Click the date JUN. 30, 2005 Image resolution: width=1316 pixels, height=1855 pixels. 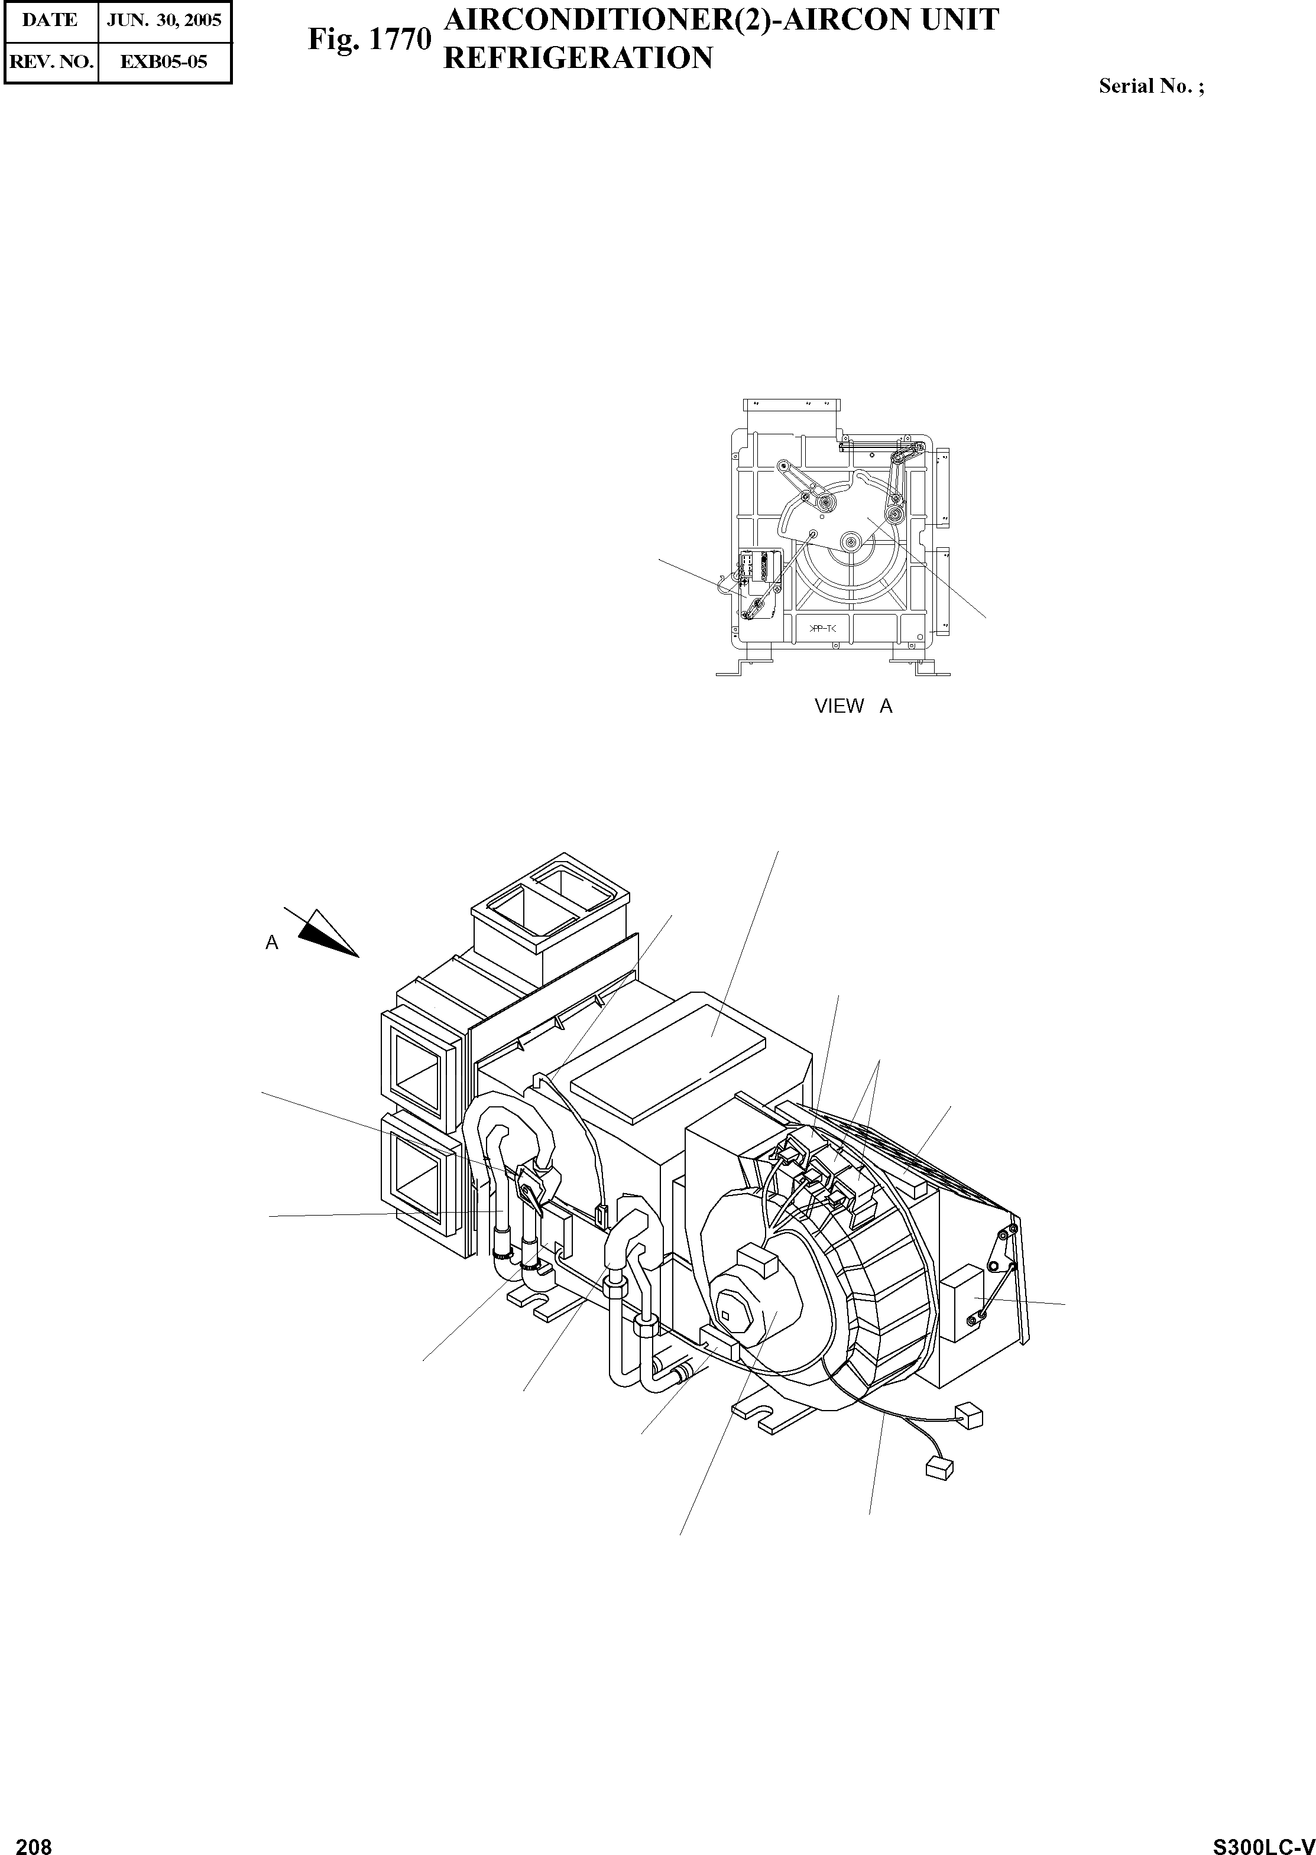click(164, 20)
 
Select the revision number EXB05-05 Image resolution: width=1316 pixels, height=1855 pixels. click(164, 61)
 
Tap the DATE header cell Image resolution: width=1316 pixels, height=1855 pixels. click(50, 20)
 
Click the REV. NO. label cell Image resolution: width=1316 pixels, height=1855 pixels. click(50, 61)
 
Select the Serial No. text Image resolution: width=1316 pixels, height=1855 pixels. click(1150, 86)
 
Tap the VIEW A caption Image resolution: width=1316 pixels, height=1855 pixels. click(853, 706)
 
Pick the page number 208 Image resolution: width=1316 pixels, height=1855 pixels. click(34, 1840)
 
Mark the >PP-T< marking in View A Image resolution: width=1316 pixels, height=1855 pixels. click(824, 629)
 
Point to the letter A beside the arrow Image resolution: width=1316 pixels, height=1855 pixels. click(273, 943)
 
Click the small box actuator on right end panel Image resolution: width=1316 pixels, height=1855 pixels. click(961, 1313)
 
